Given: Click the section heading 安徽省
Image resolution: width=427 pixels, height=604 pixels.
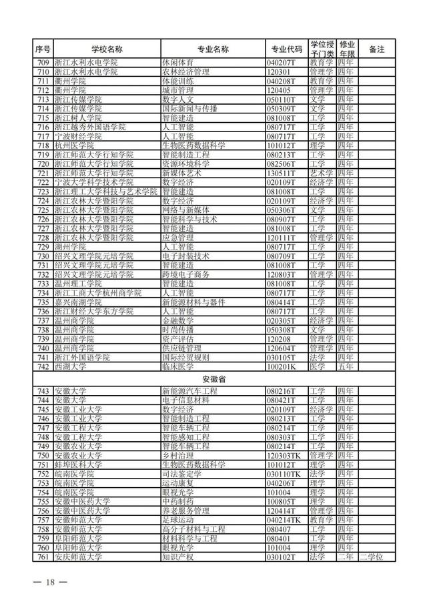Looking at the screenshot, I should pos(213,378).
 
